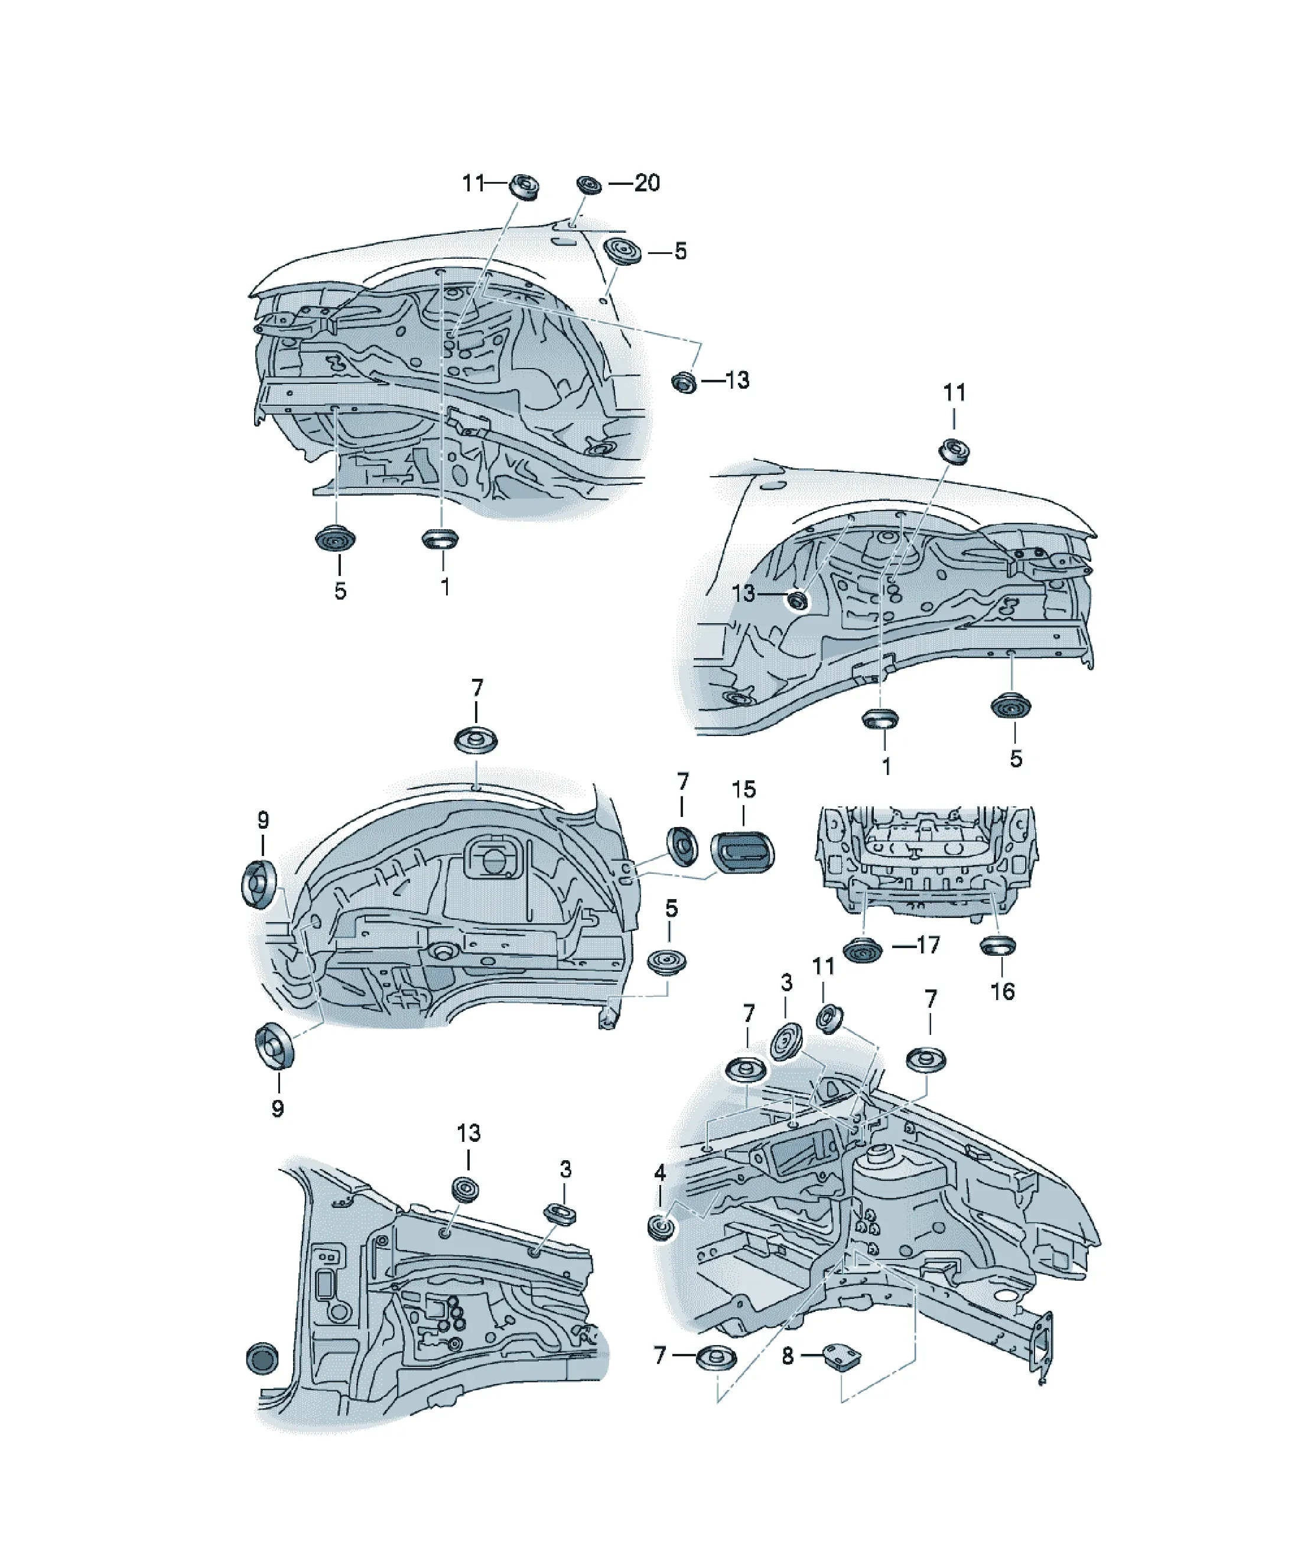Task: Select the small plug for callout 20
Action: point(589,184)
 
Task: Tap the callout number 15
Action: point(743,789)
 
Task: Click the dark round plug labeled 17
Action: point(863,951)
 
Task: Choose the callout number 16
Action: point(1003,991)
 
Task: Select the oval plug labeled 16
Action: point(997,946)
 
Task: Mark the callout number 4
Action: point(659,1173)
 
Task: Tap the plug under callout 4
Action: point(661,1227)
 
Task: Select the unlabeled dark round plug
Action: point(261,1359)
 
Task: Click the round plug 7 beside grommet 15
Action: point(682,846)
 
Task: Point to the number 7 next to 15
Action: point(682,782)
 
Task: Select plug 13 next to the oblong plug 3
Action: point(466,1190)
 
